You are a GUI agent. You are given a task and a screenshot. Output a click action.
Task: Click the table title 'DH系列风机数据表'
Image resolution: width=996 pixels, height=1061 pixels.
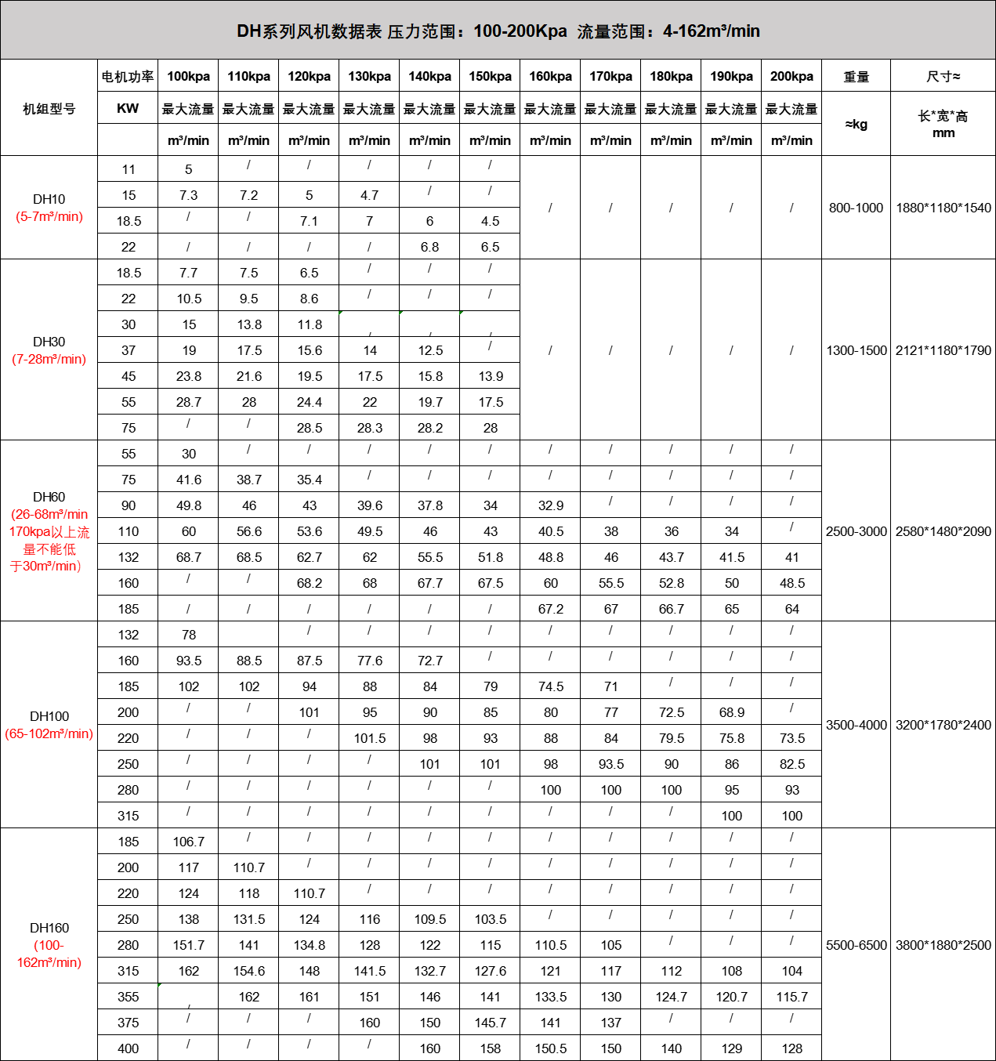click(x=309, y=31)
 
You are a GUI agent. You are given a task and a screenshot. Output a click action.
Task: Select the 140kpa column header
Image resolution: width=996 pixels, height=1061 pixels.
click(x=429, y=76)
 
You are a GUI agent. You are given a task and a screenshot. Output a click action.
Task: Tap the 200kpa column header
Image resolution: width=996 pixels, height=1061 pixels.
click(x=791, y=76)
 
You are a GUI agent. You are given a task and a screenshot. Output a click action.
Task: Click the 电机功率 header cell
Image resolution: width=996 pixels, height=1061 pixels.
click(x=128, y=76)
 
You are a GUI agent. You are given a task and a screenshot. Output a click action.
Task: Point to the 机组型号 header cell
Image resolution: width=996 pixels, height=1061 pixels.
click(x=49, y=108)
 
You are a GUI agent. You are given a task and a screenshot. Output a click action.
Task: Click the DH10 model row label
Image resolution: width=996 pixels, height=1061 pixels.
click(x=49, y=199)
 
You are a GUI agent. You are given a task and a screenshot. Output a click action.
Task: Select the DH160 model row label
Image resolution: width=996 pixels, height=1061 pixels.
click(x=49, y=928)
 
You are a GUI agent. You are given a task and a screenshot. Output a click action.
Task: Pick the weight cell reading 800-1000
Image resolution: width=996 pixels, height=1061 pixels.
click(x=856, y=208)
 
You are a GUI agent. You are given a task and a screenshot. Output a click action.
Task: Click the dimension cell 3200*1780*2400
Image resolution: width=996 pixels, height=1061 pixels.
click(x=943, y=725)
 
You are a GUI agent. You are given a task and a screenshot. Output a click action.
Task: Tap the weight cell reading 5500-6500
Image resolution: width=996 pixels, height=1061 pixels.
click(x=856, y=945)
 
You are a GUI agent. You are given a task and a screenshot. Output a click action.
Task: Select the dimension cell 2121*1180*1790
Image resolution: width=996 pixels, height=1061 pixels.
click(x=943, y=350)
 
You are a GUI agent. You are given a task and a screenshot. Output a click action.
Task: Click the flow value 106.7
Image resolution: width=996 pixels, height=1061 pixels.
click(x=188, y=842)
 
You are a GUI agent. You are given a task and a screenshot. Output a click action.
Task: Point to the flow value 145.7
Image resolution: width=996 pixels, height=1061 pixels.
click(x=491, y=1023)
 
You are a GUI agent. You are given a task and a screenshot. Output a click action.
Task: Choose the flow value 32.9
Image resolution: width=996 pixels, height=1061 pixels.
click(x=551, y=505)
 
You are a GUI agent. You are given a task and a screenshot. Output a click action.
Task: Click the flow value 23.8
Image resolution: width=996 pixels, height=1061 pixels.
click(x=189, y=376)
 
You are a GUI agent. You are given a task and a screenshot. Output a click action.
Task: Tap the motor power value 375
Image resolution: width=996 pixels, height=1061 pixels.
click(x=128, y=1023)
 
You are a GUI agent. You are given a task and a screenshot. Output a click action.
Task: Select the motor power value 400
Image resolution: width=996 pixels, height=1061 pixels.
click(x=128, y=1048)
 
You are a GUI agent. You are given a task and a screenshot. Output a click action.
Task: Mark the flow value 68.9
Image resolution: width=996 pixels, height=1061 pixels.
click(x=732, y=712)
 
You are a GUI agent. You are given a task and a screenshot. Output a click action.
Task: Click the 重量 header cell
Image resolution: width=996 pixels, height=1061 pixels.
click(x=856, y=76)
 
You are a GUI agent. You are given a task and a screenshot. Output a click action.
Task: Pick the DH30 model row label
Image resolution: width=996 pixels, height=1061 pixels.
click(x=49, y=342)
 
